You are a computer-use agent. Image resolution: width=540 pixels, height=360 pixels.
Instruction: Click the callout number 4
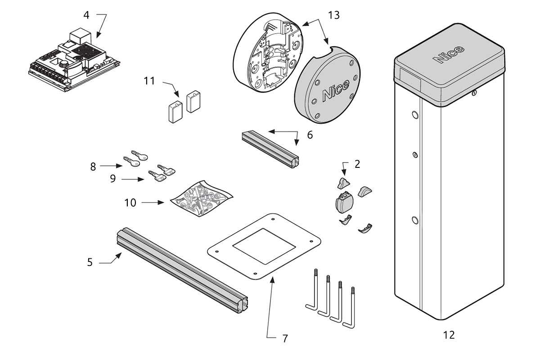86,15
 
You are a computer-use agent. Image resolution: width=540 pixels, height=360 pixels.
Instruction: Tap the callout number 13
333,15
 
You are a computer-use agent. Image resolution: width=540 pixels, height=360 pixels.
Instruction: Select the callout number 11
149,81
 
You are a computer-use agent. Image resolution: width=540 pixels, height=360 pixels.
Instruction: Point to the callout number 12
449,335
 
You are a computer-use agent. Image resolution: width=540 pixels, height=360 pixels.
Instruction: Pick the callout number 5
90,262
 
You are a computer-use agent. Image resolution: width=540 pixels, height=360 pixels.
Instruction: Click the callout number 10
130,203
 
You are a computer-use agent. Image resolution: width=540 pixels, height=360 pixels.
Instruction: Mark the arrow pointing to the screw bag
153,203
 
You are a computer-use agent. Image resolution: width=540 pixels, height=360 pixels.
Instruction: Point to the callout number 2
357,164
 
